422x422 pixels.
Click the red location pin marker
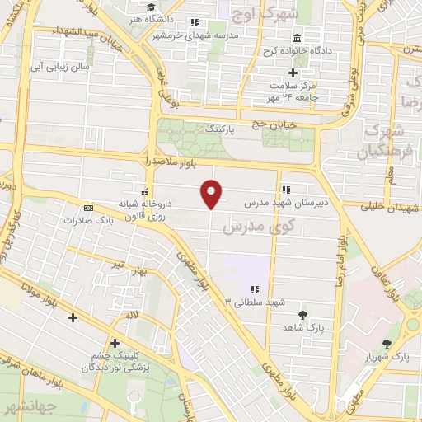213,194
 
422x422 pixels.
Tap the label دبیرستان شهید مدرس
285,200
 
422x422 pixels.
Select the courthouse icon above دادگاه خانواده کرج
297,38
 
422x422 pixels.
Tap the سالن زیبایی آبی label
63,65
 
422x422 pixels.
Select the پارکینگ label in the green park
226,129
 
